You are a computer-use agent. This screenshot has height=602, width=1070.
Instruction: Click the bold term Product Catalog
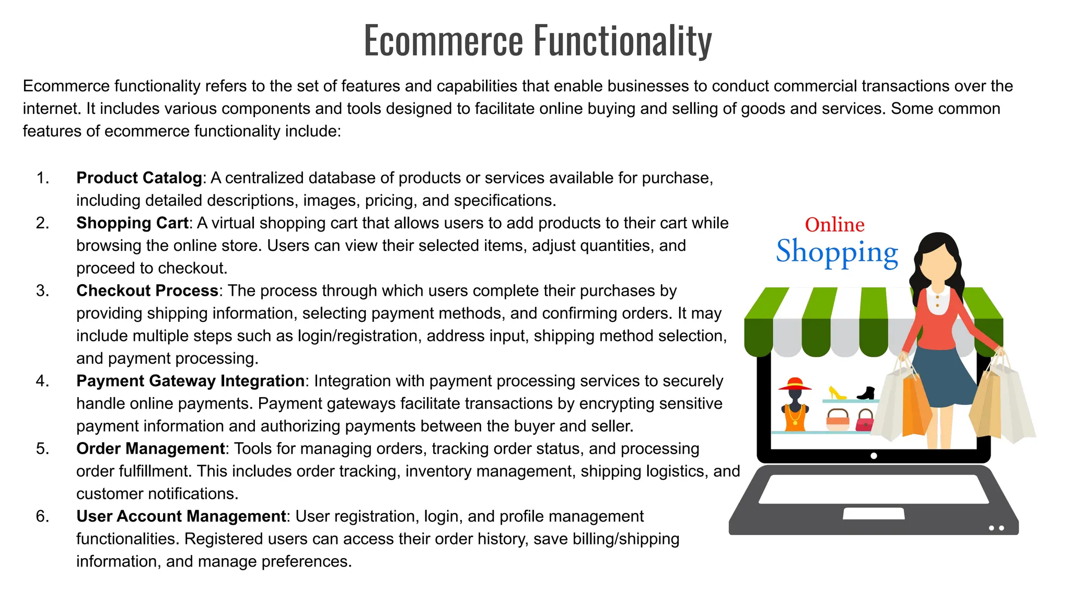tap(139, 178)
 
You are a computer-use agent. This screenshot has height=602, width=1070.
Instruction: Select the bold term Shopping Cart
tap(132, 223)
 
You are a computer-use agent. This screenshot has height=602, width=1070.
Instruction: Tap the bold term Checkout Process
tap(147, 291)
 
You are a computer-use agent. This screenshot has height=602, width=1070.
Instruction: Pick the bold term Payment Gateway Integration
tap(190, 381)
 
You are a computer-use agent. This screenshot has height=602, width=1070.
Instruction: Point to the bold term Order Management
tap(150, 448)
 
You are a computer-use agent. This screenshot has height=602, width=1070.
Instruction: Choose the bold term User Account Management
tap(181, 516)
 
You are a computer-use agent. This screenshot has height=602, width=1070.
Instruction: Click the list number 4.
tap(42, 381)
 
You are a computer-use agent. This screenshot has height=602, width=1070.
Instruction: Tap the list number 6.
tap(42, 516)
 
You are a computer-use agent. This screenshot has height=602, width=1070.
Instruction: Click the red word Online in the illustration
tap(834, 225)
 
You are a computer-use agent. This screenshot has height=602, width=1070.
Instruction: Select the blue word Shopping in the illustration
tap(836, 252)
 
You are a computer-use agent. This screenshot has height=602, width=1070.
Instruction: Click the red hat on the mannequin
tap(795, 385)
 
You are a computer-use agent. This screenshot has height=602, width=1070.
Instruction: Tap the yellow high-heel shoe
tap(837, 392)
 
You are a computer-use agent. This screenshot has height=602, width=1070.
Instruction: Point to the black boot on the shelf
tap(867, 392)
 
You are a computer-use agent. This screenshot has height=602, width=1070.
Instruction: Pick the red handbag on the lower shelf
tap(865, 421)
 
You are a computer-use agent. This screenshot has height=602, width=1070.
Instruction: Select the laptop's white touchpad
tap(874, 513)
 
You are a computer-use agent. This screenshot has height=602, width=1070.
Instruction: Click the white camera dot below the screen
tap(874, 456)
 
